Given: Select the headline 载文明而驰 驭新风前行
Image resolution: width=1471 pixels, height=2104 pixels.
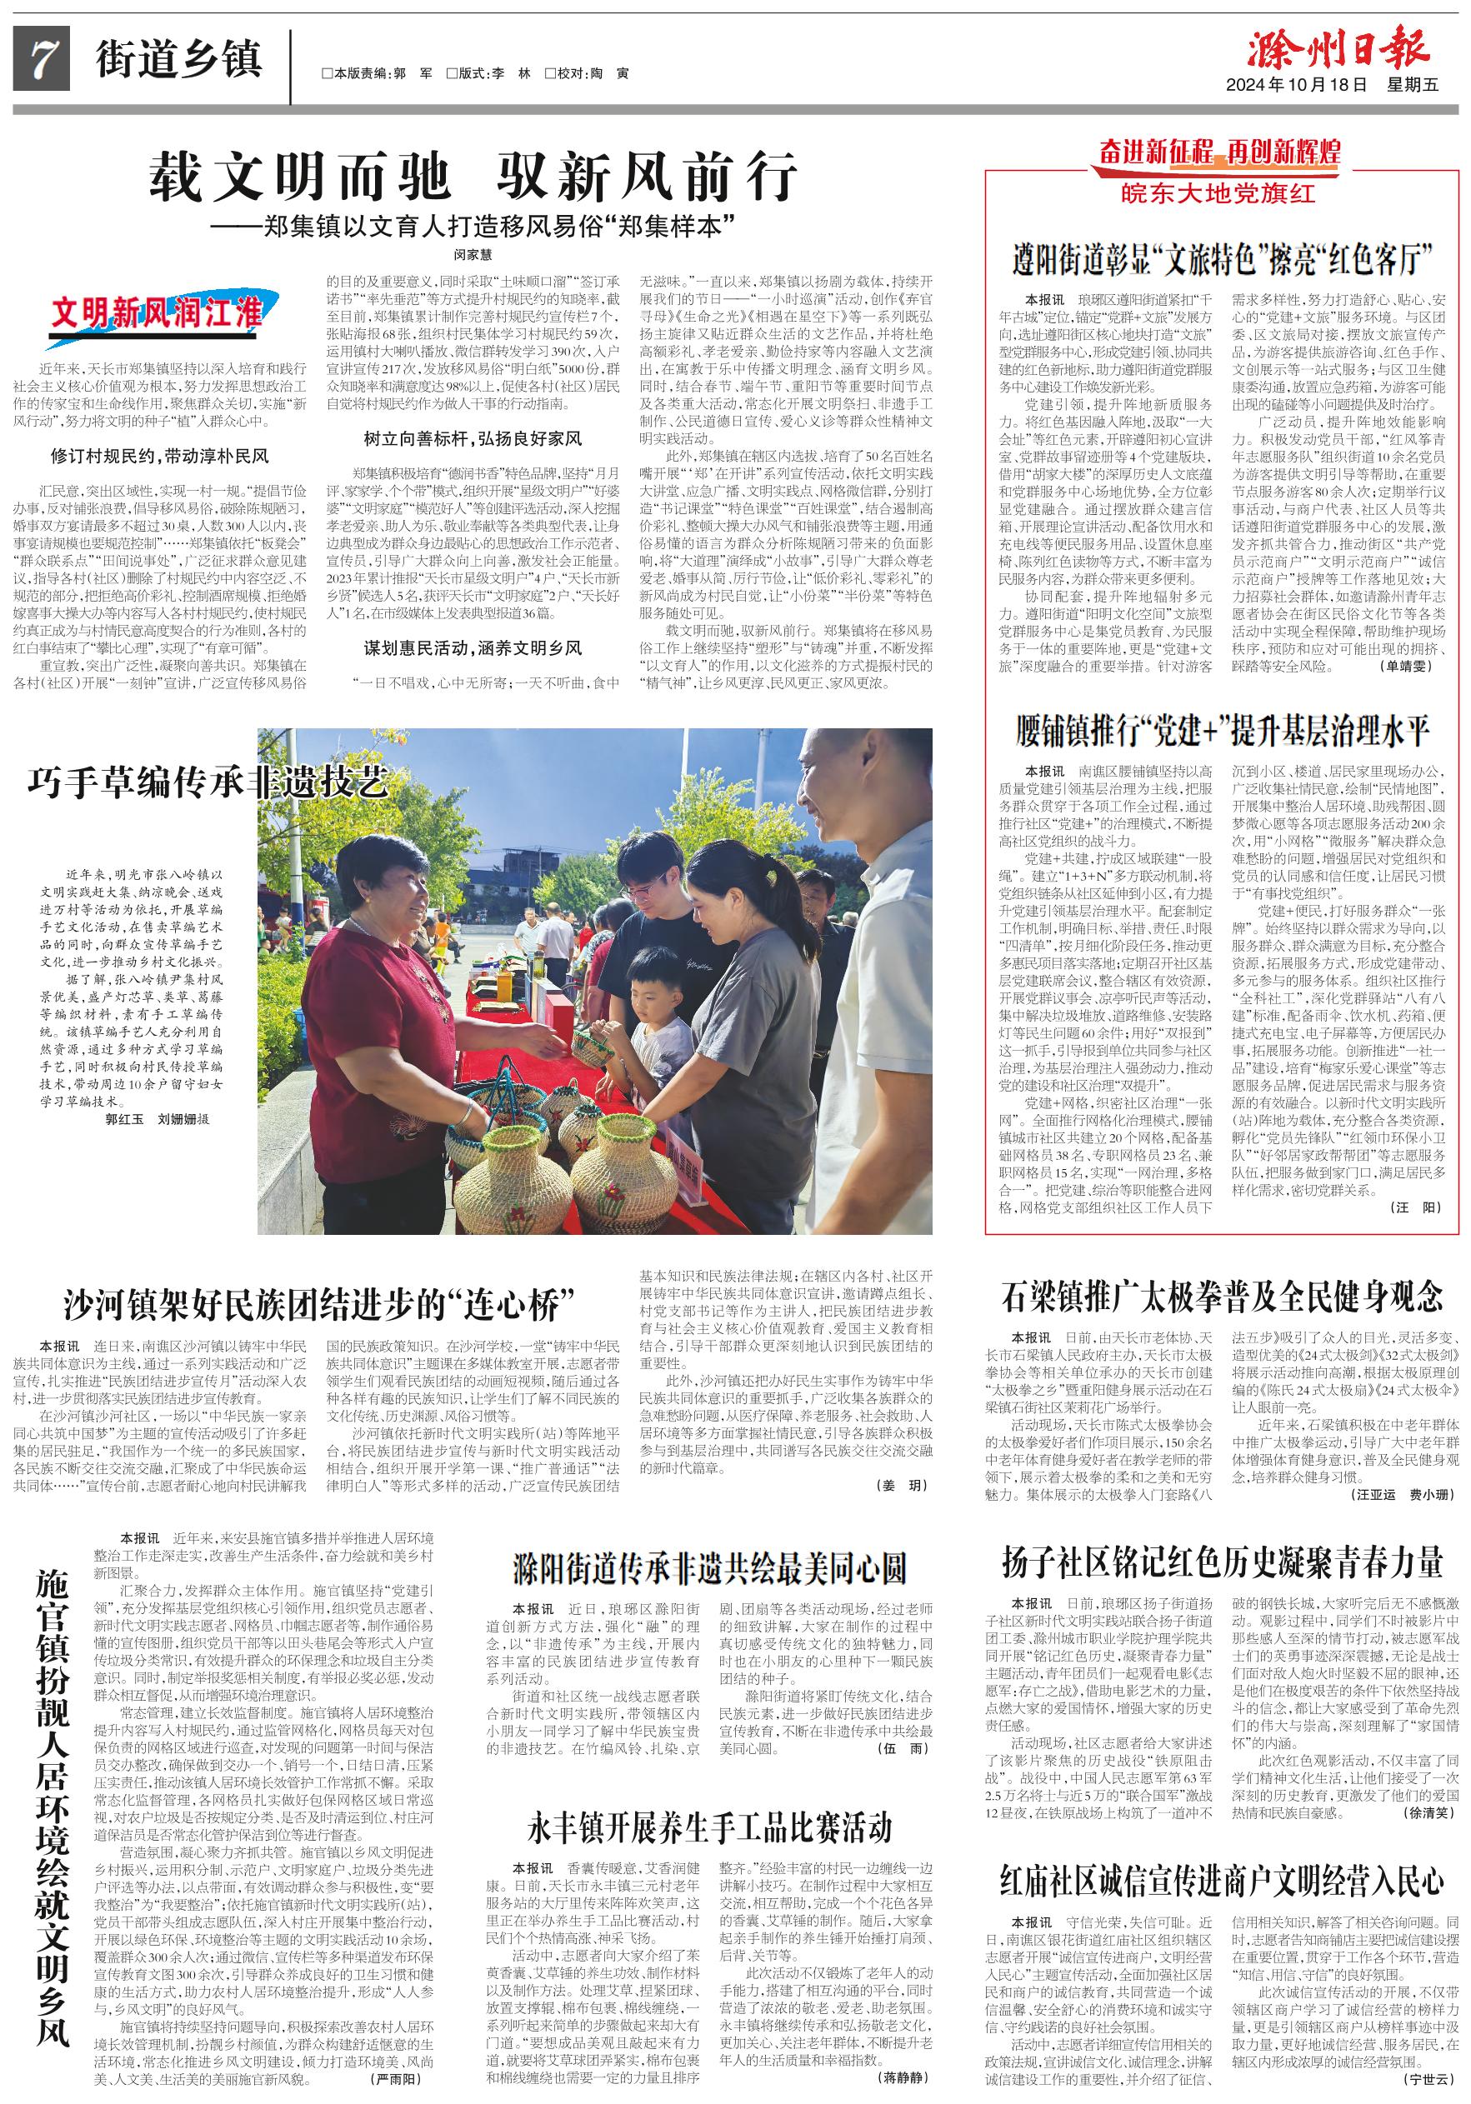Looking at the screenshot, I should (473, 177).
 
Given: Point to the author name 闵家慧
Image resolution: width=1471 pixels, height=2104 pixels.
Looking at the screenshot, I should (473, 253).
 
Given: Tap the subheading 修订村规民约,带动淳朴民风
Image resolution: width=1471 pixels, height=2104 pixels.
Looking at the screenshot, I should (159, 456).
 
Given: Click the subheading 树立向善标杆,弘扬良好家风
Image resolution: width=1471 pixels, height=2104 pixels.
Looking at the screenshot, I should (472, 439).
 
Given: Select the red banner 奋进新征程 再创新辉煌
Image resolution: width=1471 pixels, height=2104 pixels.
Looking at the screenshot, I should (1220, 152).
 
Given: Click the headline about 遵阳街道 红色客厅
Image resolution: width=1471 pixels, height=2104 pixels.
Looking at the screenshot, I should (1223, 260).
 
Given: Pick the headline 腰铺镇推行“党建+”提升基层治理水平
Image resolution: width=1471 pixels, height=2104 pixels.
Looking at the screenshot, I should (1223, 732).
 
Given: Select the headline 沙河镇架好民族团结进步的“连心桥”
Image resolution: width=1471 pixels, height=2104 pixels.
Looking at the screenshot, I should (319, 1304).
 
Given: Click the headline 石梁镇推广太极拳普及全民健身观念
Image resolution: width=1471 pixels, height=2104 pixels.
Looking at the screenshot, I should (1223, 1297).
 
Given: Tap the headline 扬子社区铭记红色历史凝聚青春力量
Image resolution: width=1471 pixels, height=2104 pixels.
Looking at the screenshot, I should (1223, 1562).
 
